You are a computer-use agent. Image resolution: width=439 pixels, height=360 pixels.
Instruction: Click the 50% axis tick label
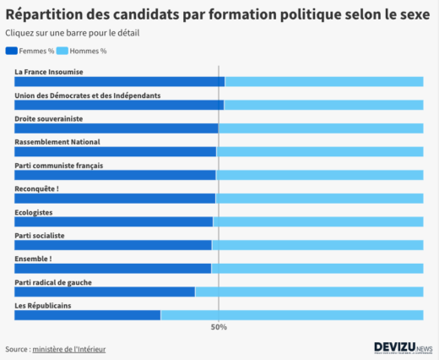pyautogui.click(x=219, y=327)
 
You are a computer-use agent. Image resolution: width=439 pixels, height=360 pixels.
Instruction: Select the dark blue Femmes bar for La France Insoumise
pyautogui.click(x=119, y=82)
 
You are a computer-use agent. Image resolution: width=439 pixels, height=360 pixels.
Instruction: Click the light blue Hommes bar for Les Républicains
pyautogui.click(x=291, y=315)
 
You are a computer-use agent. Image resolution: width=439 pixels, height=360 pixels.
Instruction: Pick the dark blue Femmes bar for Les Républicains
pyautogui.click(x=87, y=315)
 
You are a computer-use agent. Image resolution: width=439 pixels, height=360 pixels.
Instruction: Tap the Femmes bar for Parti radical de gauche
pyautogui.click(x=104, y=292)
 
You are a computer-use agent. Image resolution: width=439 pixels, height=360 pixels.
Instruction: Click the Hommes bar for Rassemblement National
pyautogui.click(x=319, y=152)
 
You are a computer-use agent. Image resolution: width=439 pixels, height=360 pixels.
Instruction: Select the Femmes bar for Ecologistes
pyautogui.click(x=113, y=221)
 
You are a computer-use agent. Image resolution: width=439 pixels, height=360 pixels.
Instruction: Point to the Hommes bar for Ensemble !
pyautogui.click(x=317, y=269)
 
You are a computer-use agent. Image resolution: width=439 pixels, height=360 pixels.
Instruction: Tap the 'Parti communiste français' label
pyautogui.click(x=59, y=166)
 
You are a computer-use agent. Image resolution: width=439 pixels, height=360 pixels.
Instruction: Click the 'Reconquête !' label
pyautogui.click(x=36, y=188)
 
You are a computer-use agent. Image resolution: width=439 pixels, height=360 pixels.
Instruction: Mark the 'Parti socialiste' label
pyautogui.click(x=40, y=235)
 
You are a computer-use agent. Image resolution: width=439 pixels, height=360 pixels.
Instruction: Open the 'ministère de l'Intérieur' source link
pyautogui.click(x=69, y=349)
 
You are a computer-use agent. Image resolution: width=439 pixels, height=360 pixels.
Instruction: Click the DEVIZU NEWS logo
pyautogui.click(x=403, y=347)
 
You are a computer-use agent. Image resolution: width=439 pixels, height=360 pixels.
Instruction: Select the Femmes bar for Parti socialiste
pyautogui.click(x=112, y=245)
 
